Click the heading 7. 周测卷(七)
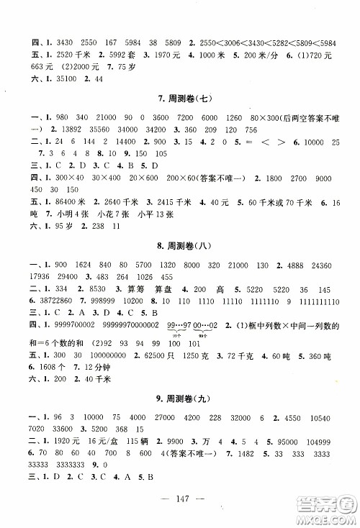pyautogui.click(x=181, y=98)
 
